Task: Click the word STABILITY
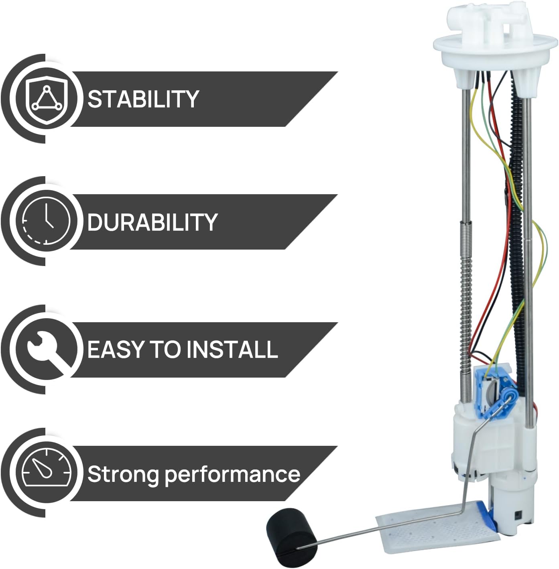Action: pos(143,99)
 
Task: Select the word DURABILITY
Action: pos(152,222)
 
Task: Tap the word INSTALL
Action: pos(232,349)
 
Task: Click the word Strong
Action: pos(123,474)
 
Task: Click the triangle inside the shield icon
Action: pos(47,98)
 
